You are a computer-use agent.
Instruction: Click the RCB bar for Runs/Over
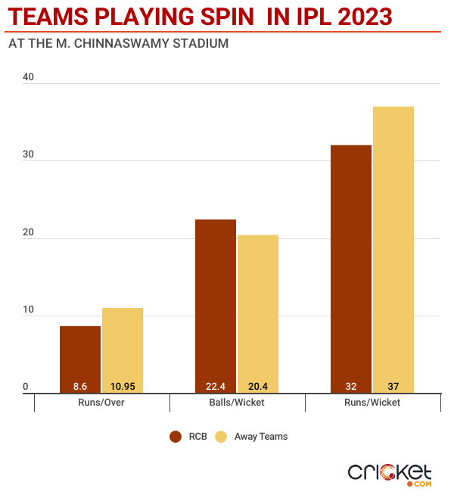[x=80, y=359]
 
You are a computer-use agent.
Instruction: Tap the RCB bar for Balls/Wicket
[x=216, y=307]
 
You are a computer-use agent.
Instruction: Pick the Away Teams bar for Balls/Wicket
[x=258, y=314]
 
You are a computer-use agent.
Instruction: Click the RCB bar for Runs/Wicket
[x=351, y=269]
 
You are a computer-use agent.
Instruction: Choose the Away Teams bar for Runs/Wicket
[x=393, y=250]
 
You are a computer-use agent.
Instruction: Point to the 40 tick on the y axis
[x=30, y=77]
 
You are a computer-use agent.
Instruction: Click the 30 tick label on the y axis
[x=30, y=155]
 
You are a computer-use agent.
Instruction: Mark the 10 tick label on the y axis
[x=30, y=310]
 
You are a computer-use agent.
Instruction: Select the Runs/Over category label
[x=101, y=403]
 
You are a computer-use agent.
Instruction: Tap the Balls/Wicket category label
[x=237, y=403]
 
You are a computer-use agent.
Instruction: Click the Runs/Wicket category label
[x=372, y=403]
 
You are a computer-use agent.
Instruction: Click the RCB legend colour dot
[x=176, y=437]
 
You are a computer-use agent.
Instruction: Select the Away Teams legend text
[x=261, y=437]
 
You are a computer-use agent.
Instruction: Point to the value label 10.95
[x=123, y=385]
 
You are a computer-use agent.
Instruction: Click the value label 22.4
[x=216, y=385]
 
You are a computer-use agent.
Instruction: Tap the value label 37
[x=393, y=385]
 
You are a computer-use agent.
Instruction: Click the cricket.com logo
[x=389, y=473]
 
